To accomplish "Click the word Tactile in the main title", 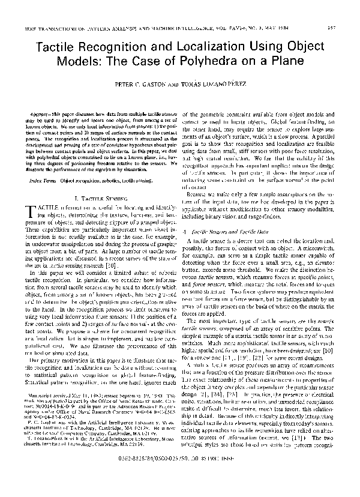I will click(61, 47).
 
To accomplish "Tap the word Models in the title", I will click(95, 61).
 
